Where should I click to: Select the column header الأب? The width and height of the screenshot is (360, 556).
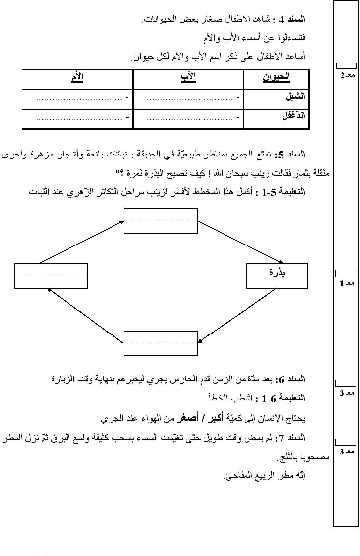(188, 77)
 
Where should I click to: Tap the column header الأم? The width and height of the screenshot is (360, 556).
(77, 77)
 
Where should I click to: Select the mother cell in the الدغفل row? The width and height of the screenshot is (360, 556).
(77, 118)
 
